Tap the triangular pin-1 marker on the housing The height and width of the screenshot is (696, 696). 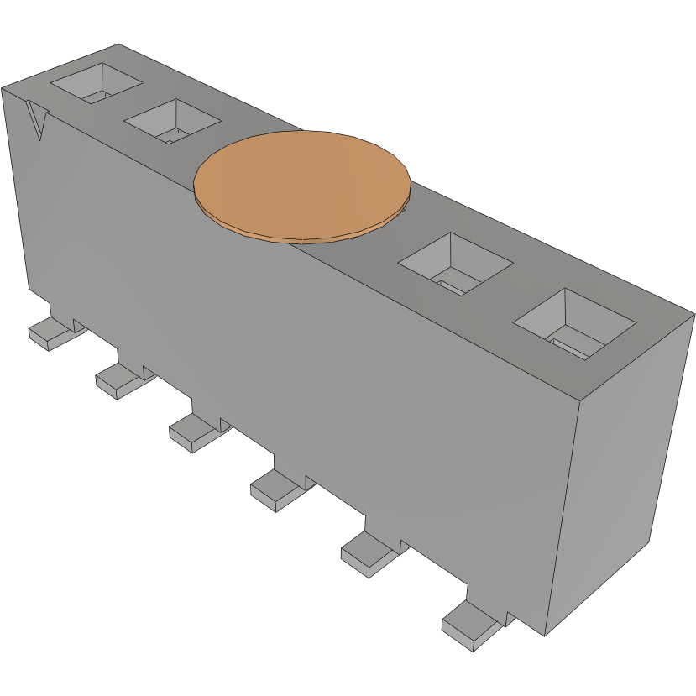pos(37,120)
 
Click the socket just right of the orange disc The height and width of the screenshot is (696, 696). pos(454,262)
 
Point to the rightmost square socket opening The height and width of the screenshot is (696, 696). pos(573,322)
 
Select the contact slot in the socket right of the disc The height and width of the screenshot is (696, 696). pos(453,286)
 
